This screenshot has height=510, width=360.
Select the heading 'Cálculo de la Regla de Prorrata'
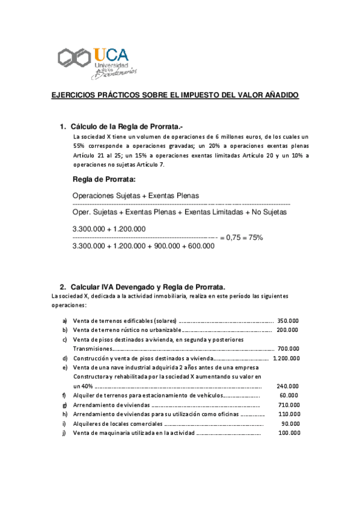[x=125, y=127]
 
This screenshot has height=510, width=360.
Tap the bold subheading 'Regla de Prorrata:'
[x=104, y=179]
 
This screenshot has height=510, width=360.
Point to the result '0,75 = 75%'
[x=241, y=238]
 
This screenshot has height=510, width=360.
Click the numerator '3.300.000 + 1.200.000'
[x=109, y=229]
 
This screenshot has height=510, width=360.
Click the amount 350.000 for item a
[x=288, y=321]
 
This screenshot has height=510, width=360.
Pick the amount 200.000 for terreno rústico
[x=288, y=330]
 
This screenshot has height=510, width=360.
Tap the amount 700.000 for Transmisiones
[x=288, y=348]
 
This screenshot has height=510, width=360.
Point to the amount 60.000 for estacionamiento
[x=288, y=395]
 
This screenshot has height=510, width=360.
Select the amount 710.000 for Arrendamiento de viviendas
[x=288, y=405]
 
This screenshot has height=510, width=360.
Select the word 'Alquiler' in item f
[x=83, y=395]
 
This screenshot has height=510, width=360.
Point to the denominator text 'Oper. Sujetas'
[x=94, y=212]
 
